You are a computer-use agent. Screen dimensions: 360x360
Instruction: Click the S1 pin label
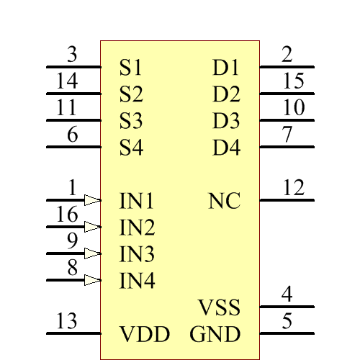tap(131, 68)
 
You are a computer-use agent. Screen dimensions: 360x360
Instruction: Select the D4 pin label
tap(226, 149)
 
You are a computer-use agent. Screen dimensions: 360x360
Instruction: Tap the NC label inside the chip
tap(224, 201)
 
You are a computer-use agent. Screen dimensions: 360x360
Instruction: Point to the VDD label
tap(145, 335)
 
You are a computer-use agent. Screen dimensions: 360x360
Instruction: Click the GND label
tap(215, 335)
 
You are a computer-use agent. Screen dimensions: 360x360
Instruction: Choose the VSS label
tap(219, 309)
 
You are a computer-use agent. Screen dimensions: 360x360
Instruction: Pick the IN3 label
tap(137, 254)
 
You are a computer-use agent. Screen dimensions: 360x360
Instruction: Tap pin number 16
tap(67, 215)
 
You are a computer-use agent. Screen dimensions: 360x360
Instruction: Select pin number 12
tap(293, 189)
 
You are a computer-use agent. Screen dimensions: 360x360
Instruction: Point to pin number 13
tap(66, 321)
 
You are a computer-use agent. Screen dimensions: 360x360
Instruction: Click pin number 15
tap(293, 81)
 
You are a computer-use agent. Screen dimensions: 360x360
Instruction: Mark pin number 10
tap(293, 108)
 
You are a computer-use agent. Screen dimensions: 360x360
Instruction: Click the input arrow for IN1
tap(92, 200)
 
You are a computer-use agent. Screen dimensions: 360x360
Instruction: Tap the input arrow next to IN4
tap(92, 280)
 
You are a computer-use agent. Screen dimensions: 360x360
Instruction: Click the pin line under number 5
tap(287, 333)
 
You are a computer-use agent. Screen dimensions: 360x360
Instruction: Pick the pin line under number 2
tap(287, 67)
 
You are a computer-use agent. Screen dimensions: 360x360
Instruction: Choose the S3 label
tap(131, 121)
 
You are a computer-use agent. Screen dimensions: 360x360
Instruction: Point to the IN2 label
tap(137, 228)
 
